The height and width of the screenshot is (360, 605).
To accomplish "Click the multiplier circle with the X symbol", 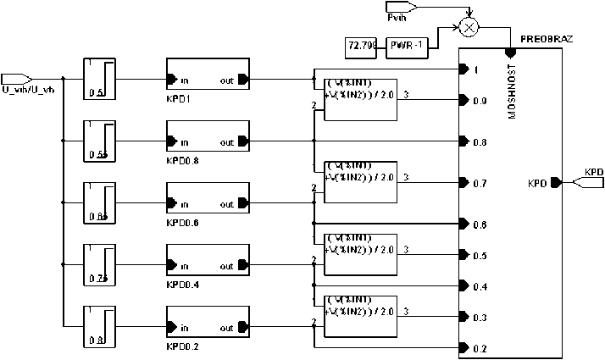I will (468, 27).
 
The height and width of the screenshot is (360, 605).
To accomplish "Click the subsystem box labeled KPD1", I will (208, 80).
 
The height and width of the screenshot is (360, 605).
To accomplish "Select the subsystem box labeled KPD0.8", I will (208, 142).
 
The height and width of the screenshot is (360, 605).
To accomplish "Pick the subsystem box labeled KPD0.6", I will (208, 204).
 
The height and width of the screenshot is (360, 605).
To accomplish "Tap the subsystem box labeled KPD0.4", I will (208, 266).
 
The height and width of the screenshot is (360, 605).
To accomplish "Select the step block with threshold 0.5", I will (99, 80).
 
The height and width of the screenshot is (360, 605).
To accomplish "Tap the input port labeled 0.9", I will (463, 100).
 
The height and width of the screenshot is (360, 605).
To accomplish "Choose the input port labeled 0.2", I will (463, 348).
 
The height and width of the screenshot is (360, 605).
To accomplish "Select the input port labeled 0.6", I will (463, 224).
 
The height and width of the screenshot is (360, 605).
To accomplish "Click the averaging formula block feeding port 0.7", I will (361, 182).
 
